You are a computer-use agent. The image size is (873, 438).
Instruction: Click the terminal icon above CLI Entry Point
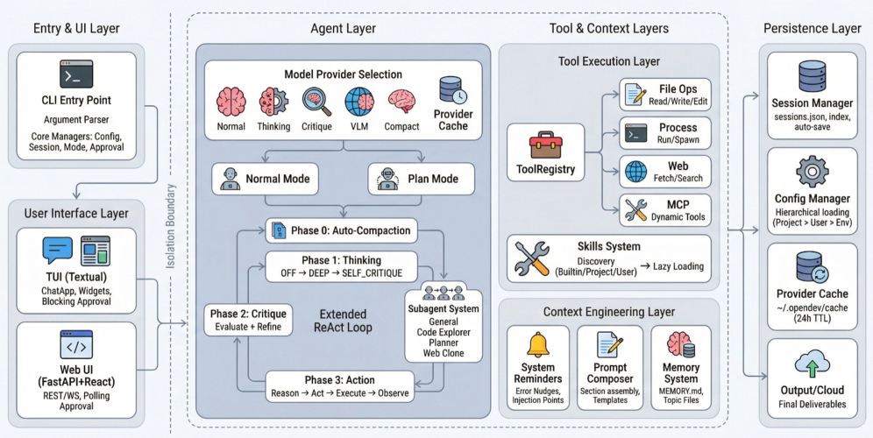[x=76, y=74]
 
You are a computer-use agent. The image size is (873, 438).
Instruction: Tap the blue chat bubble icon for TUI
[x=58, y=250]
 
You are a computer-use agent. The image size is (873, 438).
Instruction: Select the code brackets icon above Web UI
[x=76, y=345]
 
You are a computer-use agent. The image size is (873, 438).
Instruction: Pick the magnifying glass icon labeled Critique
[x=316, y=102]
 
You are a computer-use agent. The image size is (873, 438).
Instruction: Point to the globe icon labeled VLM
[x=359, y=102]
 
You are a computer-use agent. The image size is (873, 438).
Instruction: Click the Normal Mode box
[x=265, y=179]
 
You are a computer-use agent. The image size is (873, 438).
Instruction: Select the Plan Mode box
[x=422, y=179]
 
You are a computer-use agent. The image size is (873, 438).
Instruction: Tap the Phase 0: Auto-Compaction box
[x=341, y=230]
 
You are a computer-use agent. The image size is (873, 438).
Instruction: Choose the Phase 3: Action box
[x=339, y=386]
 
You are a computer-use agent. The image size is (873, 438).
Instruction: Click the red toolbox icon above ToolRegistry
[x=545, y=145]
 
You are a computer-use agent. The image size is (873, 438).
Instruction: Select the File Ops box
[x=665, y=94]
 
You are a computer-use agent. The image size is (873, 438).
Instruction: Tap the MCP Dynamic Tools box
[x=665, y=210]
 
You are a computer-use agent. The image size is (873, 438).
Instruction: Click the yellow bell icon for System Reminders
[x=538, y=345]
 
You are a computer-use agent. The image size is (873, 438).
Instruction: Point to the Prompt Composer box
[x=610, y=368]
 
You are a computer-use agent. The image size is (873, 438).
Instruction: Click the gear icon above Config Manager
[x=813, y=172]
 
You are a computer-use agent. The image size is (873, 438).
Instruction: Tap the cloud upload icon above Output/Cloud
[x=813, y=365]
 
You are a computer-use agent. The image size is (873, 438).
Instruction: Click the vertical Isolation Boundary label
[x=172, y=226]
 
